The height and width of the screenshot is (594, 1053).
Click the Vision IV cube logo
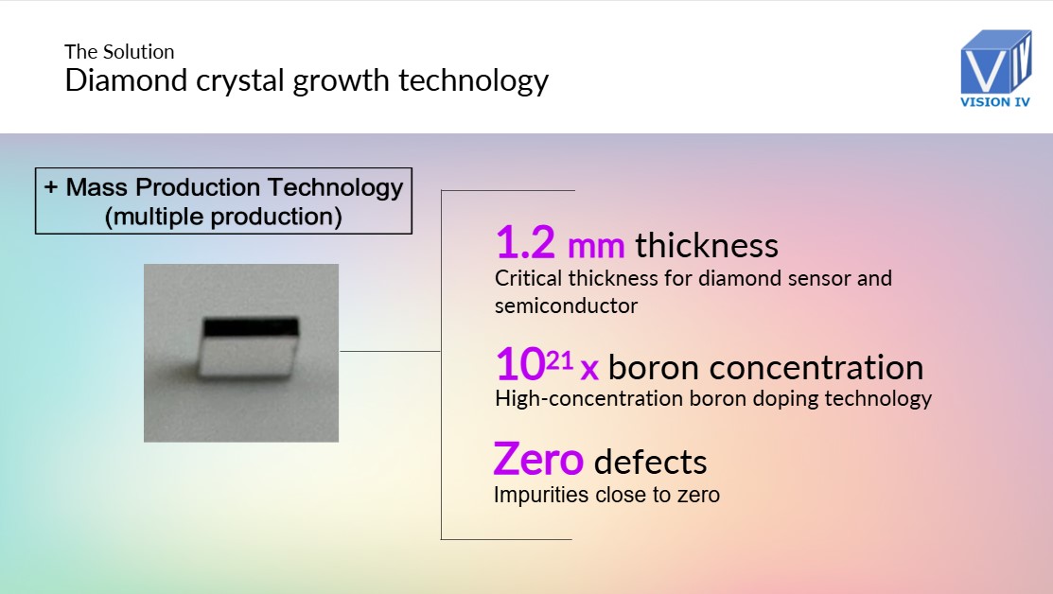(x=995, y=61)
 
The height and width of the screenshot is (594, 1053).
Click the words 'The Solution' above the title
(x=119, y=52)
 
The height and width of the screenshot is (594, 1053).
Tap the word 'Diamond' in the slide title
(x=126, y=79)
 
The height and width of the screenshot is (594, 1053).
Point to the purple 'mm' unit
(x=596, y=247)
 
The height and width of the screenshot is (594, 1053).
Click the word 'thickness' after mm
(x=707, y=245)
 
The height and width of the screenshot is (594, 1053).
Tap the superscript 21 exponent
(x=559, y=360)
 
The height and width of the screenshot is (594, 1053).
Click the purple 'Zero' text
(x=538, y=459)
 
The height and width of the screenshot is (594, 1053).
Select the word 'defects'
(x=650, y=462)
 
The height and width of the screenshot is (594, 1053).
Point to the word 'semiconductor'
(x=566, y=306)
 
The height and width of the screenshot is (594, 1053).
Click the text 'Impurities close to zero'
(x=606, y=495)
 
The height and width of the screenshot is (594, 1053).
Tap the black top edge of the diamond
(x=251, y=327)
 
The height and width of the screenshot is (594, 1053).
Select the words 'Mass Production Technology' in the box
(x=235, y=187)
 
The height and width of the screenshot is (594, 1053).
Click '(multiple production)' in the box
(x=223, y=217)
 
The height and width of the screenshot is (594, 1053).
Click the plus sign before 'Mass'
(x=51, y=187)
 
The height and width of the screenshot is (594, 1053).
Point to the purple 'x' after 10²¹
(x=589, y=369)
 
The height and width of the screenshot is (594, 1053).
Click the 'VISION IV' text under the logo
(x=994, y=102)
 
